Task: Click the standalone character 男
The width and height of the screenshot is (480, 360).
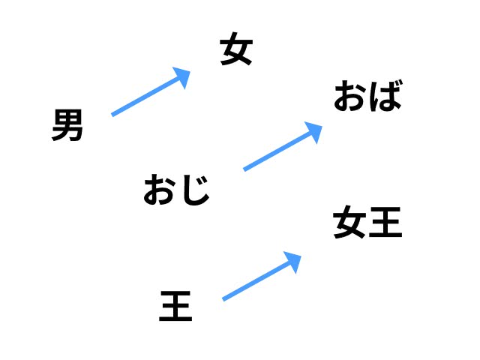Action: tap(67, 125)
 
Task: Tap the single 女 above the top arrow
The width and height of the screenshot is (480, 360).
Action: tap(236, 49)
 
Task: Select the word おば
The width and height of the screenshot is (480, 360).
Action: tap(367, 96)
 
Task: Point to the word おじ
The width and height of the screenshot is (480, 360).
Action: tap(177, 190)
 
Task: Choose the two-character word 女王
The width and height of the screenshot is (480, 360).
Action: tap(367, 222)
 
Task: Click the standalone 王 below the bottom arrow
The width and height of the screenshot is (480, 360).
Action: tap(175, 306)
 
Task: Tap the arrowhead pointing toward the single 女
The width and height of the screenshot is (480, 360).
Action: tap(182, 77)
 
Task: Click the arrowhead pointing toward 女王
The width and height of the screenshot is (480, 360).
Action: tap(293, 262)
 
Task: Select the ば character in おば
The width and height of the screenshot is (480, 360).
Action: tap(385, 96)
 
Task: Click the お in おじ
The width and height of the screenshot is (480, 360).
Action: tap(160, 190)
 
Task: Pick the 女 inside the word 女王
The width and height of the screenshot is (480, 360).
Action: tap(349, 222)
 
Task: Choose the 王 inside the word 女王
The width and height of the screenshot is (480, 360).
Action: tap(385, 223)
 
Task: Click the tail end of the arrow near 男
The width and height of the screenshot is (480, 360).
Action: tap(112, 115)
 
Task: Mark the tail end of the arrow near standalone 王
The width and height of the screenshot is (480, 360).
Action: tap(223, 300)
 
